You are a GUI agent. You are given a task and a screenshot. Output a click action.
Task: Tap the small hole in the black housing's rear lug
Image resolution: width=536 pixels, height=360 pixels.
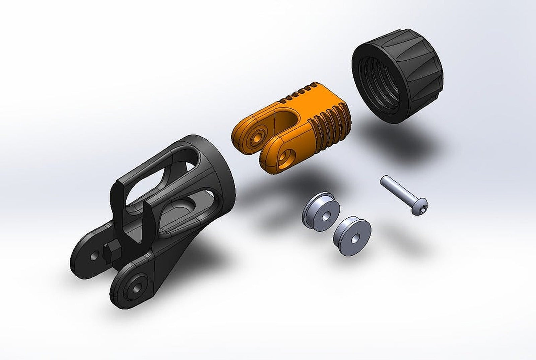pyautogui.click(x=94, y=256)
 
